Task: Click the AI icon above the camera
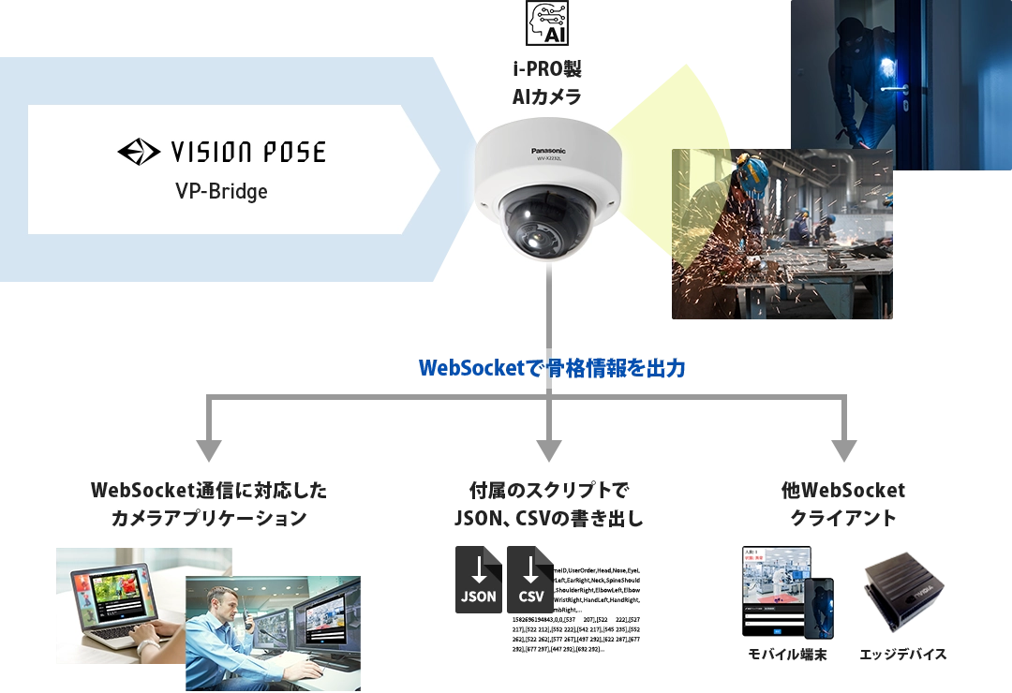point(547,22)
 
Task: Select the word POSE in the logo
point(292,153)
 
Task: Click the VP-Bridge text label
point(221,191)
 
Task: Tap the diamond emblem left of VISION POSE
point(138,152)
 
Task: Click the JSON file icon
point(478,577)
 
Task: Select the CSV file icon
point(529,577)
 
